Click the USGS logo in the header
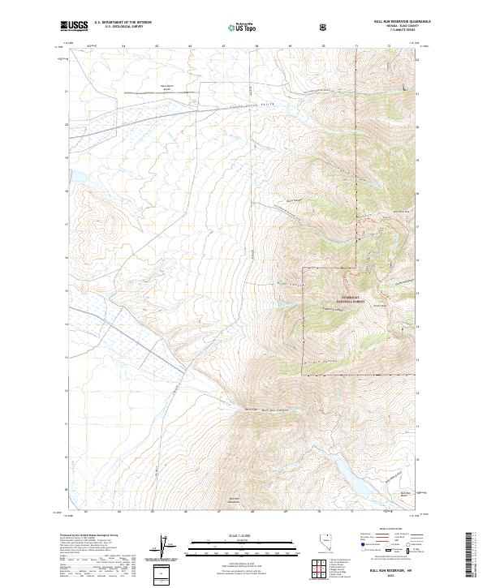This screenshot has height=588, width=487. (75, 27)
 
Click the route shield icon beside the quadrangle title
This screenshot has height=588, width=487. (325, 28)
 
